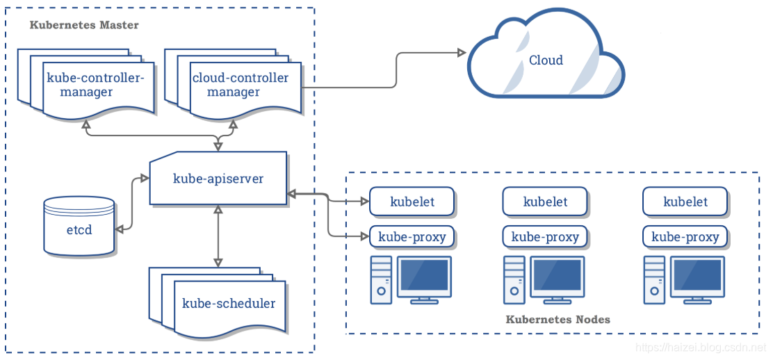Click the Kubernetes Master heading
point(84,24)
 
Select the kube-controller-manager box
point(86,84)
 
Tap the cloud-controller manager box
point(233,84)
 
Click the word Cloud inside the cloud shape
point(546,60)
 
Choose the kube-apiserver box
point(218,179)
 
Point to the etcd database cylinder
point(79,226)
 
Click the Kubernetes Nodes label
point(558,320)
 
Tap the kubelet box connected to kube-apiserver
point(412,202)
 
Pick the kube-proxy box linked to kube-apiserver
point(412,237)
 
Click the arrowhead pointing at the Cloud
point(462,52)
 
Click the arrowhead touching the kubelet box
point(366,202)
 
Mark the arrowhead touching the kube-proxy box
point(366,237)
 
